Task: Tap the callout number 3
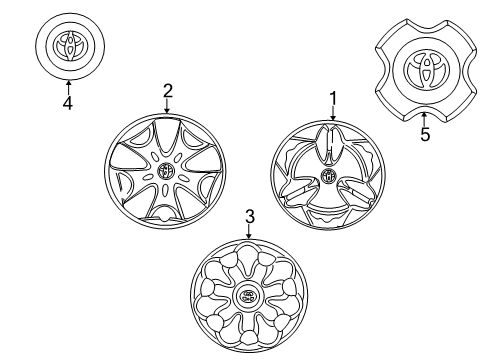pyautogui.click(x=249, y=215)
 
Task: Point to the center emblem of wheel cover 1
pyautogui.click(x=328, y=177)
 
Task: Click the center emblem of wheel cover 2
pyautogui.click(x=166, y=171)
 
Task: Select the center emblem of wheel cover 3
pyautogui.click(x=247, y=296)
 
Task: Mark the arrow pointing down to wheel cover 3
pyautogui.click(x=249, y=231)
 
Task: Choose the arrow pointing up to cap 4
pyautogui.click(x=67, y=84)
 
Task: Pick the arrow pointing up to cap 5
pyautogui.click(x=425, y=118)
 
